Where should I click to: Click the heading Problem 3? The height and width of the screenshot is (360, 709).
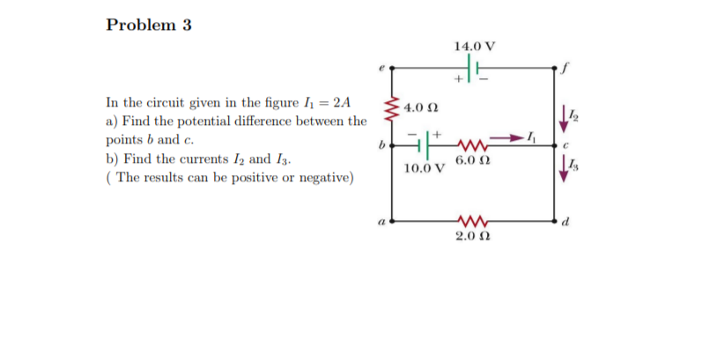[149, 25]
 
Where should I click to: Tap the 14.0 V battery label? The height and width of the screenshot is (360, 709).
[475, 45]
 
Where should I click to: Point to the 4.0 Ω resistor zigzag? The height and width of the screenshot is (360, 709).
[393, 109]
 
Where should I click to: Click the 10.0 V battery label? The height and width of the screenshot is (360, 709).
[423, 167]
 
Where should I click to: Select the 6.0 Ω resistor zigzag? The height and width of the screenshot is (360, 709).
[471, 142]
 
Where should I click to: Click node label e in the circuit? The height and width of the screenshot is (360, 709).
[381, 63]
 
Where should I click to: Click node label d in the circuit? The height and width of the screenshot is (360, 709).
[568, 220]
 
